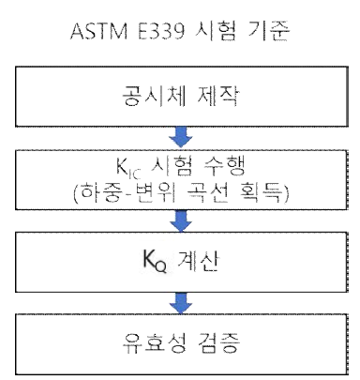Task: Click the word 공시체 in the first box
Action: (x=158, y=97)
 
